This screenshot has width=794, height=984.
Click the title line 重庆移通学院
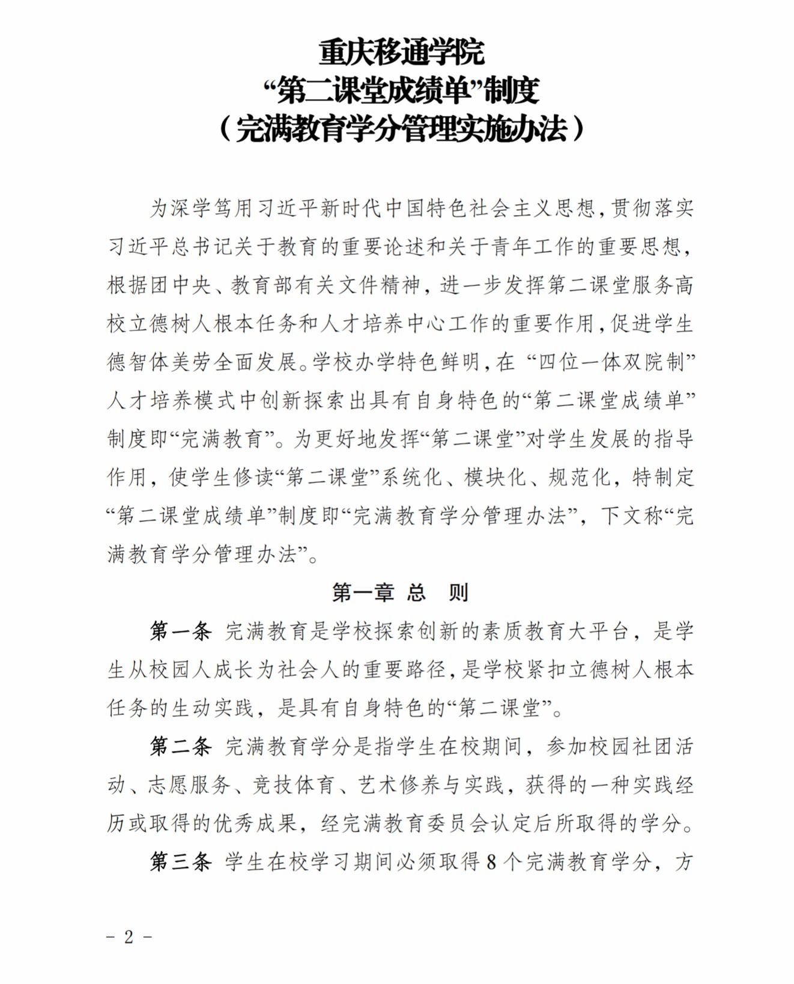401,52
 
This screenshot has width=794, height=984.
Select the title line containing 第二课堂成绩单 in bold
401,90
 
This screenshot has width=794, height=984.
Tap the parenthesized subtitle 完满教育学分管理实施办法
401,128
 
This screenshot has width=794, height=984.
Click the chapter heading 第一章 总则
400,593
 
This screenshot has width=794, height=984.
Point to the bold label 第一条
181,631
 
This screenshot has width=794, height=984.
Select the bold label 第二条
181,747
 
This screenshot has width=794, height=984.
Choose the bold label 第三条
181,862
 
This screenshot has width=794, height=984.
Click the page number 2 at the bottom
129,938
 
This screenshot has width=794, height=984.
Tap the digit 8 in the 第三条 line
491,863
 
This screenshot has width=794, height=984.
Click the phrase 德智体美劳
159,362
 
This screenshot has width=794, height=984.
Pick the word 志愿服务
190,785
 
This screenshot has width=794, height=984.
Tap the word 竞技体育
294,785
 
